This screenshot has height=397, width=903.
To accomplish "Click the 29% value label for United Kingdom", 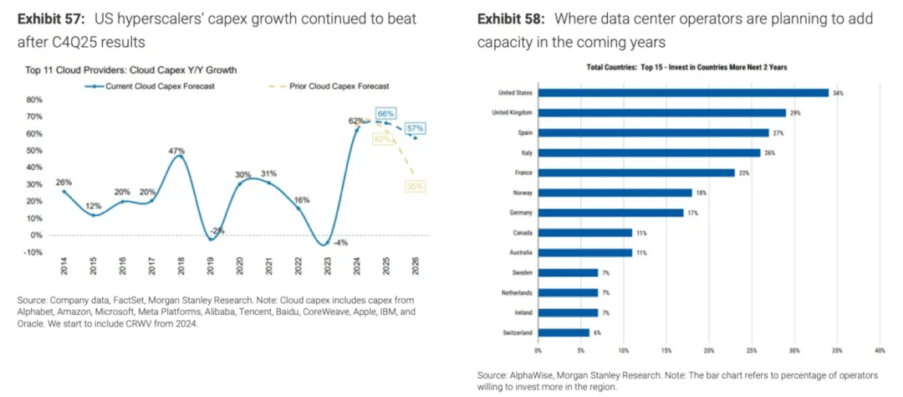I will (x=795, y=113).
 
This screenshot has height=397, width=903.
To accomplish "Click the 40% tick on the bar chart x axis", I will (x=879, y=350).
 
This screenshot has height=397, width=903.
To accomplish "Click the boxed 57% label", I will (x=416, y=128).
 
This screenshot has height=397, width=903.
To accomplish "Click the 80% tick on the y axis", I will (x=35, y=99).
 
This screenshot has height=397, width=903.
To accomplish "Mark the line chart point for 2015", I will (x=94, y=215).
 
